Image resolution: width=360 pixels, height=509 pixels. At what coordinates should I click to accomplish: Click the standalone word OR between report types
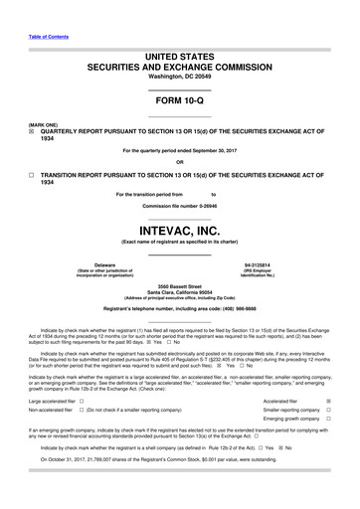179,162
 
